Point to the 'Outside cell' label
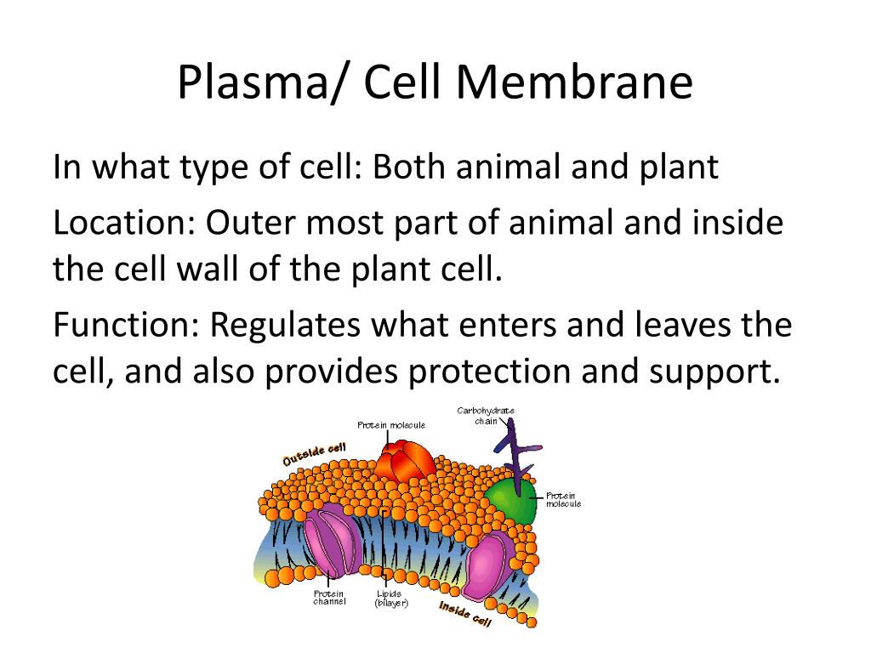pyautogui.click(x=314, y=454)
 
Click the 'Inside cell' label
pyautogui.click(x=465, y=614)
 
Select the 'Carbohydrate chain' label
pyautogui.click(x=486, y=416)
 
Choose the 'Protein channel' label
pyautogui.click(x=329, y=598)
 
